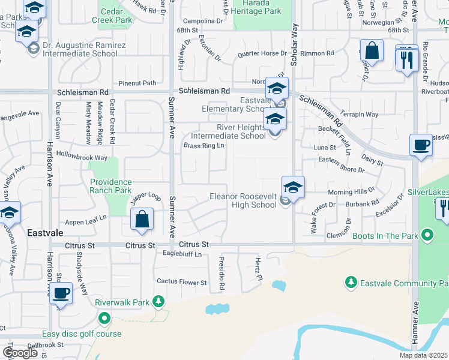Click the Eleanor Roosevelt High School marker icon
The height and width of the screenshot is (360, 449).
tap(293, 188)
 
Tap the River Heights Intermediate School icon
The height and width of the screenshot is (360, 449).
tap(276, 119)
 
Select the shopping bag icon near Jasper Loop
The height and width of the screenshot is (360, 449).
tap(142, 220)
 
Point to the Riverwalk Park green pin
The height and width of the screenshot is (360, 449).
tap(158, 301)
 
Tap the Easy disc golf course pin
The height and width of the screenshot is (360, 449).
tap(104, 318)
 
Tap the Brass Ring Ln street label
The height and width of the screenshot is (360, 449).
tap(203, 146)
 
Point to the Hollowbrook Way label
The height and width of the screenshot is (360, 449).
tap(82, 157)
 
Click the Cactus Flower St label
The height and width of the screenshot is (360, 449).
tap(181, 282)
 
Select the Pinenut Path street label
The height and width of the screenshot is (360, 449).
tap(137, 83)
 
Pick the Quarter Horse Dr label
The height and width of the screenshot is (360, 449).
tap(262, 53)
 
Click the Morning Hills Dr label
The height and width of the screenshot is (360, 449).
tap(351, 193)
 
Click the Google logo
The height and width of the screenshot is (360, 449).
tap(20, 353)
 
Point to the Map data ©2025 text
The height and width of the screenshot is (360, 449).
tap(424, 355)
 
